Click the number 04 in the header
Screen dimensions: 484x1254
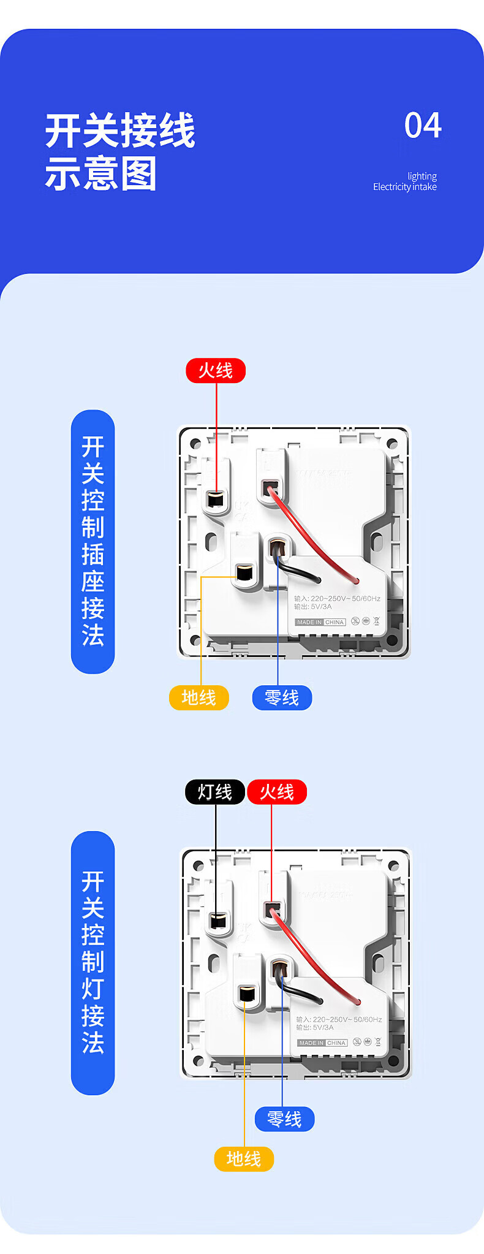click(x=423, y=126)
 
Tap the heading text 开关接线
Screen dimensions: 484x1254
click(x=120, y=131)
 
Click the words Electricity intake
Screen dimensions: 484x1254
click(x=404, y=187)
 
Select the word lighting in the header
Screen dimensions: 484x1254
click(x=422, y=176)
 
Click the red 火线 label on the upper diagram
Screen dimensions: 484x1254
click(x=216, y=371)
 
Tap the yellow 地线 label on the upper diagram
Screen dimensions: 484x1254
click(x=199, y=697)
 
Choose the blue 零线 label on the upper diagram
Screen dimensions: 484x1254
click(x=282, y=697)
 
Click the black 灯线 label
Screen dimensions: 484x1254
click(x=215, y=792)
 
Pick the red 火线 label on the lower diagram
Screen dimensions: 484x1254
click(x=277, y=792)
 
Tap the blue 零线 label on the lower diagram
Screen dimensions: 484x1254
click(x=285, y=1119)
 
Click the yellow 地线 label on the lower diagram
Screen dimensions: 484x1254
click(x=244, y=1158)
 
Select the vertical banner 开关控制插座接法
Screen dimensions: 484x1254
click(x=93, y=542)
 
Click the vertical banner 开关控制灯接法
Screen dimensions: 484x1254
click(x=93, y=962)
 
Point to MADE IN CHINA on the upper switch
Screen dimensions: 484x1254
click(x=320, y=622)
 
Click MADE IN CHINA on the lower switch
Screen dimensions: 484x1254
click(x=322, y=1043)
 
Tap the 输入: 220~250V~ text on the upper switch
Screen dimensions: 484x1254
click(x=337, y=598)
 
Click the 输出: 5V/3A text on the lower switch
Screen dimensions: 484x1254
click(x=315, y=1027)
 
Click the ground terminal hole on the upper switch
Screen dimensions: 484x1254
click(x=245, y=572)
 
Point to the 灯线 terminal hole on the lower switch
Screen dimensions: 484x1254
click(x=218, y=921)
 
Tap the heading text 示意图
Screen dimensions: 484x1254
click(x=101, y=174)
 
